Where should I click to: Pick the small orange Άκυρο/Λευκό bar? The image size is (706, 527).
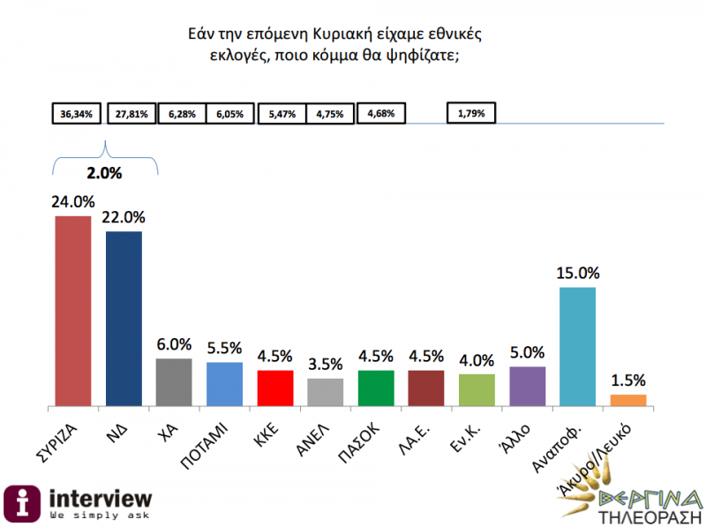click(x=628, y=400)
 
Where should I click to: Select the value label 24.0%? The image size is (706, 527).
click(x=73, y=201)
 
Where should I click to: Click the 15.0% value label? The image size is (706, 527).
click(x=578, y=273)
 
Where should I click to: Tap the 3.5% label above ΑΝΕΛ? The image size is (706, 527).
click(x=326, y=364)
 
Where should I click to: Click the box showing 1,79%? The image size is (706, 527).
click(x=472, y=114)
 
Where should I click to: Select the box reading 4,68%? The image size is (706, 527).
click(x=381, y=114)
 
